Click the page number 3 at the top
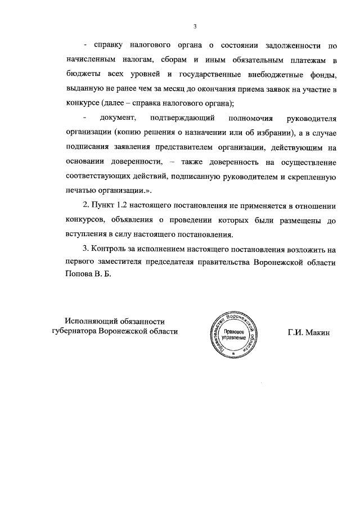pos(194,25)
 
